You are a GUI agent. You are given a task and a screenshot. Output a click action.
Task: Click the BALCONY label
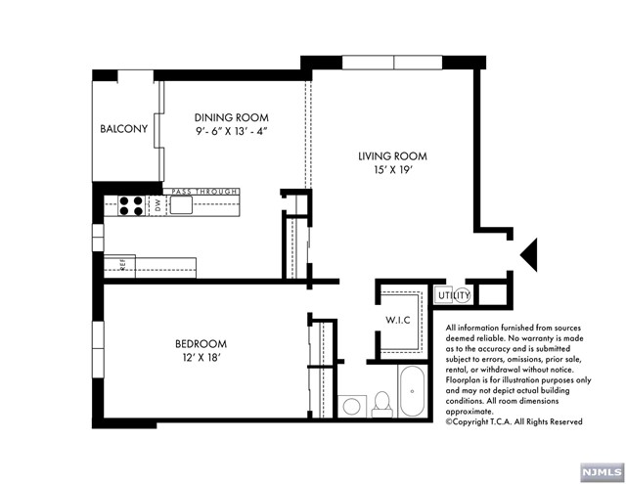124,128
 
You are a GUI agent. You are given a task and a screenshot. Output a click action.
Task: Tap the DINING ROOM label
232,117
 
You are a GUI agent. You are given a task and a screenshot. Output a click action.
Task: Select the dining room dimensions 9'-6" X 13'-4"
232,131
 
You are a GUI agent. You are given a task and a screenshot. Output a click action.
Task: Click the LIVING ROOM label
392,156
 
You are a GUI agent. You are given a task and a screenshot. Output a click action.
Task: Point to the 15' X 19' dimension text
393,170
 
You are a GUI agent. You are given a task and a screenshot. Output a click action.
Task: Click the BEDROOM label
201,343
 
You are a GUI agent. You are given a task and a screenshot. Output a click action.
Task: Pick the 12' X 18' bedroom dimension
201,357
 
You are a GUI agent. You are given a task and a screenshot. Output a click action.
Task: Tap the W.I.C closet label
398,320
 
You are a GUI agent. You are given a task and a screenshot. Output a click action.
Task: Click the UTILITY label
454,295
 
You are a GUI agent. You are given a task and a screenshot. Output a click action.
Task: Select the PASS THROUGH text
204,192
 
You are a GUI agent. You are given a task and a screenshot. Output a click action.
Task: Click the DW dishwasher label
157,205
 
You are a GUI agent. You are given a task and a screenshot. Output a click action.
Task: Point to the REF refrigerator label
122,265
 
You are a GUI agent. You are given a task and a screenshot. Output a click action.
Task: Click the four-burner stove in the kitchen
131,206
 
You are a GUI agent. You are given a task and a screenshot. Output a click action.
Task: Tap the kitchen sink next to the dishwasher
181,205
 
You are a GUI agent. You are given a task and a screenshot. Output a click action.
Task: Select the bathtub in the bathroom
413,391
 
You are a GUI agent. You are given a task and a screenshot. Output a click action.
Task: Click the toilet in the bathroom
382,404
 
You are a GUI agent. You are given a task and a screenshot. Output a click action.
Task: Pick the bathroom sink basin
352,406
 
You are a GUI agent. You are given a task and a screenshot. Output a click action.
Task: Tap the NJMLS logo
603,473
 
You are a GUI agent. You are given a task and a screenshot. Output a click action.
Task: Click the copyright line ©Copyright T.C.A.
514,421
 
